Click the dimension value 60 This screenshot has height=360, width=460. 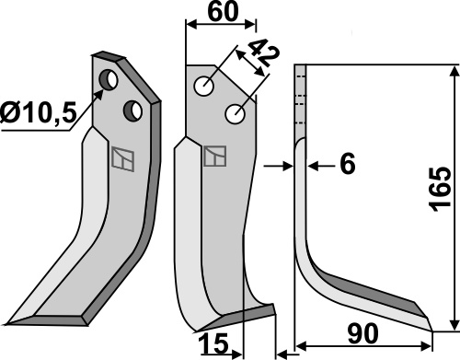(x=223, y=12)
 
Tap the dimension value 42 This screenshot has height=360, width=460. (x=263, y=52)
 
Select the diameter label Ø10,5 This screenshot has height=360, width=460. (x=38, y=112)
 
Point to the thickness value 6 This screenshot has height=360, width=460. (x=348, y=164)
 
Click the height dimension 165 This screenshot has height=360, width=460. (x=441, y=190)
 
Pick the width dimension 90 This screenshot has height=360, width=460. (x=362, y=334)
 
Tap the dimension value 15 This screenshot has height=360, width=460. (x=213, y=343)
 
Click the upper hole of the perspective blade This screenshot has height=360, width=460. (x=109, y=80)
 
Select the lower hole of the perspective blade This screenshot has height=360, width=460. (x=132, y=110)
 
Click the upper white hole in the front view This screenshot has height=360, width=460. (x=204, y=87)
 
